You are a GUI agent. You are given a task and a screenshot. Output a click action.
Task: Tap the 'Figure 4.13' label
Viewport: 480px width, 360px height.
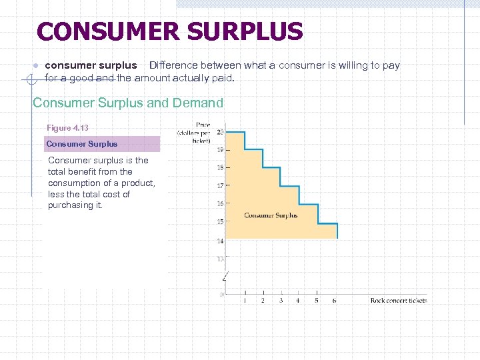67,127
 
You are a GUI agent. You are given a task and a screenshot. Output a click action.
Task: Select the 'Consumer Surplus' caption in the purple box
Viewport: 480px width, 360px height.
81,144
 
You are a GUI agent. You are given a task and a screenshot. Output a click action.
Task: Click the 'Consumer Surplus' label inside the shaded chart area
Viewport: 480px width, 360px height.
271,215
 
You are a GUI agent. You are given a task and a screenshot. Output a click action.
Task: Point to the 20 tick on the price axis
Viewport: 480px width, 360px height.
220,132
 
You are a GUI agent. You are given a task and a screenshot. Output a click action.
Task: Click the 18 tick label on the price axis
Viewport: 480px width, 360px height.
220,168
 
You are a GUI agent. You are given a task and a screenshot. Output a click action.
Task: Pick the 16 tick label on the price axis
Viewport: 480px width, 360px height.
220,204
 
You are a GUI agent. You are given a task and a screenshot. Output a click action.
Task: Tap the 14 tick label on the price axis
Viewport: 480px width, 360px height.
220,240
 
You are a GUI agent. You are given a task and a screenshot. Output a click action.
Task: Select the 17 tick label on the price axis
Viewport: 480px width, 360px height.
220,186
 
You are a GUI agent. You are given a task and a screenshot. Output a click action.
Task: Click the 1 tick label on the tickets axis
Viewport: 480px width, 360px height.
245,301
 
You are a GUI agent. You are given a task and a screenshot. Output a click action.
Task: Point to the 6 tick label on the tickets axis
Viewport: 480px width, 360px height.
334,301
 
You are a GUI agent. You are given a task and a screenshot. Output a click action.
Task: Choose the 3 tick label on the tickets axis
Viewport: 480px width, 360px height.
281,301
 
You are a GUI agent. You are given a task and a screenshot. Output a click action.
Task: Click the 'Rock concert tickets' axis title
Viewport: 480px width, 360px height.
399,301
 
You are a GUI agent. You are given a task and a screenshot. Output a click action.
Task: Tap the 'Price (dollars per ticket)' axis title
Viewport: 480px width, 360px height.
194,133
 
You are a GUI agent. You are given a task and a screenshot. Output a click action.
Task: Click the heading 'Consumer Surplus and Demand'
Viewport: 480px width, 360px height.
128,103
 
